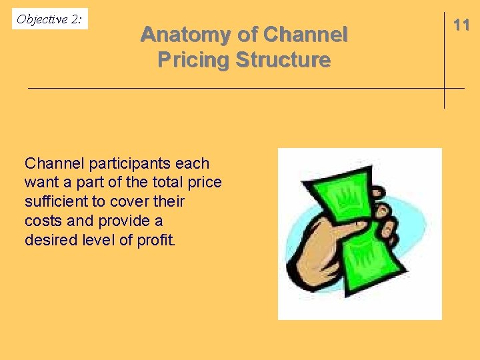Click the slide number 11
tap(461, 25)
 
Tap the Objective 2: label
tap(49, 19)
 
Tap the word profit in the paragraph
tap(155, 240)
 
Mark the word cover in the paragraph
tap(133, 201)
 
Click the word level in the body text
tap(99, 240)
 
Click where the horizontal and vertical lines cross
tap(444, 88)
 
